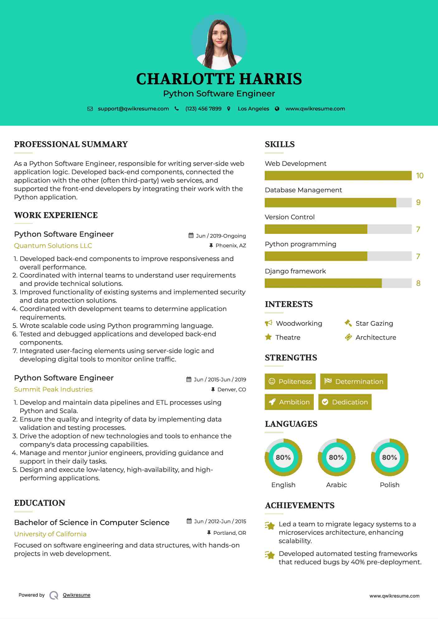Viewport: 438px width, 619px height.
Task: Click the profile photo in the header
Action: [219, 42]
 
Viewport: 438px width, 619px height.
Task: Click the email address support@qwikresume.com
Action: [133, 109]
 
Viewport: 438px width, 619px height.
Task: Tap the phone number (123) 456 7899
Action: [203, 109]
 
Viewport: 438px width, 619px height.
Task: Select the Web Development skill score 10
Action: [420, 176]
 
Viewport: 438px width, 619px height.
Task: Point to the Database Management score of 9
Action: [418, 202]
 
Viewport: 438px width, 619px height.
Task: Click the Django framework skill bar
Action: [338, 283]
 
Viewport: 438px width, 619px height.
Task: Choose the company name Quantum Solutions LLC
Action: [53, 246]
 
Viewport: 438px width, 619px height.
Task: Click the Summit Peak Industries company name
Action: [53, 389]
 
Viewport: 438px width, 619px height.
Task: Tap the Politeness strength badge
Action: [290, 382]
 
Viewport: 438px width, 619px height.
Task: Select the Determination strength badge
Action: [354, 382]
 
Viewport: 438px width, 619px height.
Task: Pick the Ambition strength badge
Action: [289, 402]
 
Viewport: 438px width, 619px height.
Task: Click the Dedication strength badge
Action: [345, 402]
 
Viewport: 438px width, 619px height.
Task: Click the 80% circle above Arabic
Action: [336, 457]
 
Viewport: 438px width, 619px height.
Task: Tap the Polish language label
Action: [389, 485]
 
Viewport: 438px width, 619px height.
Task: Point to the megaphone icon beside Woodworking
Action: [268, 323]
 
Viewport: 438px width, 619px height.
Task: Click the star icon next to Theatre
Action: [268, 337]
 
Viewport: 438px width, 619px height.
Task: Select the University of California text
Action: [50, 534]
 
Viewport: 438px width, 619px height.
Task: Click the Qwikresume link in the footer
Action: [77, 595]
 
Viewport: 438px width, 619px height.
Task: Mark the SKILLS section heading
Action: [280, 144]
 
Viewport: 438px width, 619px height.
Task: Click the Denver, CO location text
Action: [232, 389]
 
